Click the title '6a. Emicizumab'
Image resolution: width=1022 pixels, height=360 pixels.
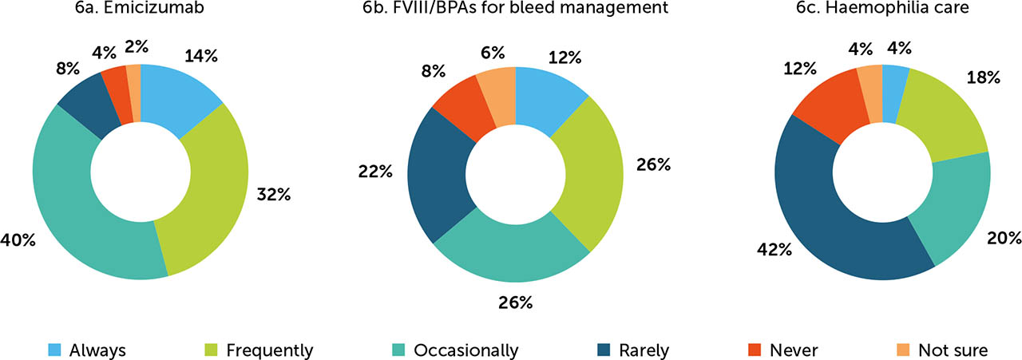[140, 11]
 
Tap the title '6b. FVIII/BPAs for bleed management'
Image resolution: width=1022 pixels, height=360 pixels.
[515, 11]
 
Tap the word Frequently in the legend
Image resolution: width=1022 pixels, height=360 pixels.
[269, 350]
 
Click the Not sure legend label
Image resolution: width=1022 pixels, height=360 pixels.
[953, 350]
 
